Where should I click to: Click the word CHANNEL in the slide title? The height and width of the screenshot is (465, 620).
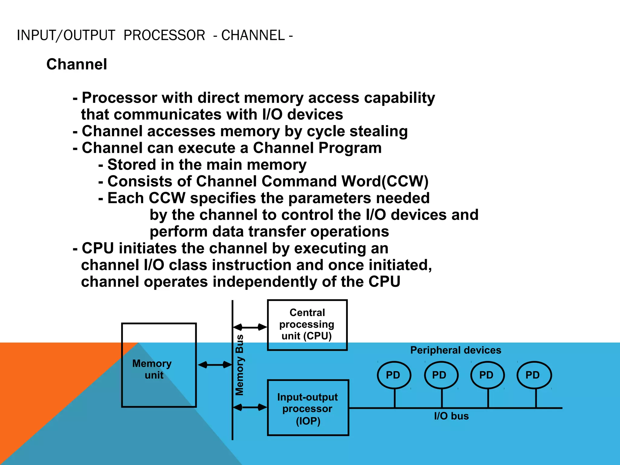(253, 35)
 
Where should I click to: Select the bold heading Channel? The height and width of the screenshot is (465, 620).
(77, 64)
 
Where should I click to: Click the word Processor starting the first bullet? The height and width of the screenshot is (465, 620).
(119, 98)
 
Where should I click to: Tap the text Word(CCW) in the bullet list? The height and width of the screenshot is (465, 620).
(385, 181)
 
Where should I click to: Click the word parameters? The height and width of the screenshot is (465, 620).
(329, 198)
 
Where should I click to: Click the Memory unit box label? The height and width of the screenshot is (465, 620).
(152, 369)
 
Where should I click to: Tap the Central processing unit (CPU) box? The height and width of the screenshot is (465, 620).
(307, 325)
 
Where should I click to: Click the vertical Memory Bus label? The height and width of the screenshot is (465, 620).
(239, 365)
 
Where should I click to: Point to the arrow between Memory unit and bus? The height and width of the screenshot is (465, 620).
(215, 365)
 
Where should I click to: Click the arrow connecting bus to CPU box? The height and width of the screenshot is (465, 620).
(250, 327)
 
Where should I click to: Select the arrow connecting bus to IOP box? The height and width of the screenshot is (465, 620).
(250, 407)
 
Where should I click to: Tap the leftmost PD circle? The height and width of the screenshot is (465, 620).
(394, 375)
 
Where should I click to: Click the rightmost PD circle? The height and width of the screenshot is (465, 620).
(533, 375)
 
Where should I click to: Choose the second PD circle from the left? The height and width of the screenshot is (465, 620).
(440, 375)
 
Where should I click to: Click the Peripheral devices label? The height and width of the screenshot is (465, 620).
(456, 350)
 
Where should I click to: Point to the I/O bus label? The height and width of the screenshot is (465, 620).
(451, 416)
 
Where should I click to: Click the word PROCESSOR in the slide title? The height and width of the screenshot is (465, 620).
(164, 35)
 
